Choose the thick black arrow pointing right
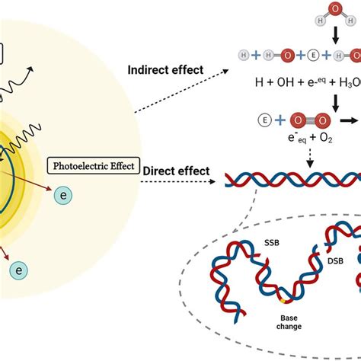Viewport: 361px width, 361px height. click(x=348, y=120)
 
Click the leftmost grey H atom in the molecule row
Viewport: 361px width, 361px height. click(x=224, y=56)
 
